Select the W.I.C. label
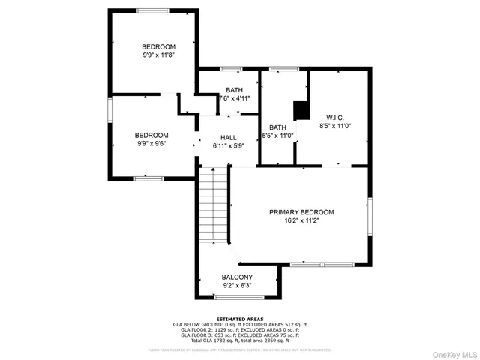coord(334,117)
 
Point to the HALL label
coord(229,138)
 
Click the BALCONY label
coord(237,277)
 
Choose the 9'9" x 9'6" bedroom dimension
coord(151,144)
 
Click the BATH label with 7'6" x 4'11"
coord(235,89)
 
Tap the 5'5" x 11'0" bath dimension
coord(277,136)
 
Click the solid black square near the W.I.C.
coord(302,109)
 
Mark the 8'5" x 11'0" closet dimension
coord(334,127)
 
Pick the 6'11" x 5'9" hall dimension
coord(229,147)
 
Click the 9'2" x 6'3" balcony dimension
coord(237,286)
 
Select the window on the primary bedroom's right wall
coord(370,215)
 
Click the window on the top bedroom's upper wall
coord(152,10)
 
